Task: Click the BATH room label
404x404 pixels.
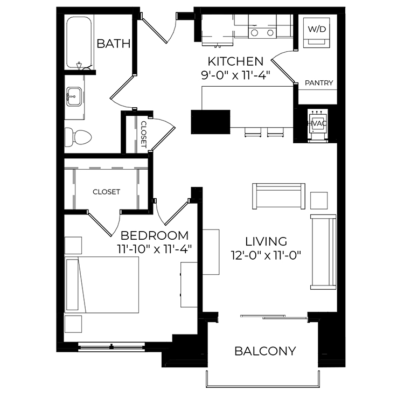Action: tap(114, 44)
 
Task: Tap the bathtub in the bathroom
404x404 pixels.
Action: tap(79, 42)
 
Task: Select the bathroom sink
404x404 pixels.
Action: tap(74, 96)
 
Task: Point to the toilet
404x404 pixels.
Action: tap(78, 137)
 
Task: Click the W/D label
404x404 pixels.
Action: tap(317, 29)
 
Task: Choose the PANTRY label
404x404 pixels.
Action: tap(319, 83)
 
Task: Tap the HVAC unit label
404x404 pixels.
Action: tap(318, 123)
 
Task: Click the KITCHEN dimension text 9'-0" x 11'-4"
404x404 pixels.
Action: tap(235, 76)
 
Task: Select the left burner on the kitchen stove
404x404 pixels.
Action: tap(255, 33)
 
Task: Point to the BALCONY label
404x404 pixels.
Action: tap(266, 351)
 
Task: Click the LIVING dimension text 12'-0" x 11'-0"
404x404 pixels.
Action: tap(266, 255)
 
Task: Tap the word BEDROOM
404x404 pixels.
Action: tap(155, 235)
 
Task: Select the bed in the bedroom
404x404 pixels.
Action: tap(101, 285)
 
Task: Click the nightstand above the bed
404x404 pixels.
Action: tap(73, 246)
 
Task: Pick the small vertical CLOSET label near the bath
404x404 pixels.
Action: tap(143, 135)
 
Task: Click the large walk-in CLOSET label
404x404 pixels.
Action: tap(107, 192)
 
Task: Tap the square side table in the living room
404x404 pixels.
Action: tap(319, 200)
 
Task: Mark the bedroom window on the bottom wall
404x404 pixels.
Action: tap(112, 346)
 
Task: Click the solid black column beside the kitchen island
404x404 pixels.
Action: tap(211, 122)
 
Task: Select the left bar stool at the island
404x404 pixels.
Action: tap(253, 132)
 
